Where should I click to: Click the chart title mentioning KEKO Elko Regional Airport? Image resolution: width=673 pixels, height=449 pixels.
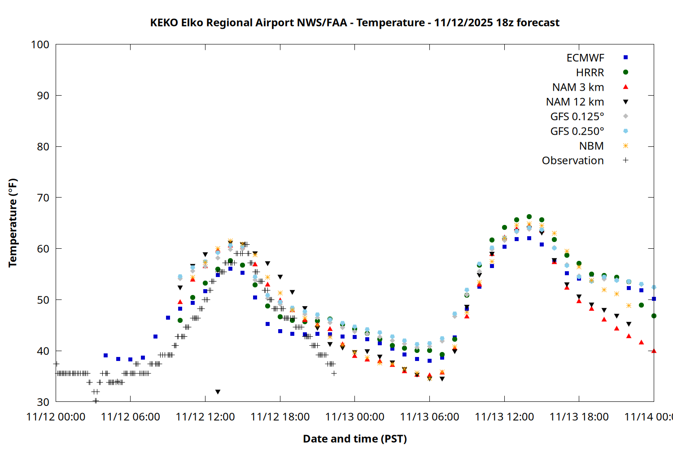(354, 22)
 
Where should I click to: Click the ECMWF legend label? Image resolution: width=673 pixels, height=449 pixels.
(585, 58)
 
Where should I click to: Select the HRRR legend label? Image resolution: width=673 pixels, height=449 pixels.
(590, 73)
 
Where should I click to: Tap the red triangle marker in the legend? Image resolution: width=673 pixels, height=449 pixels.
(625, 87)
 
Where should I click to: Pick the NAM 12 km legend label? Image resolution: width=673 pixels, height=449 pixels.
(575, 102)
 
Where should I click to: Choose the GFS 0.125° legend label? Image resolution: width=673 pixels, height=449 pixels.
(577, 117)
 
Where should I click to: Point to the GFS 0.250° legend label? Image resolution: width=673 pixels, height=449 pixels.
(577, 132)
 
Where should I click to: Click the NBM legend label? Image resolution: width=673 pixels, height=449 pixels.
(591, 146)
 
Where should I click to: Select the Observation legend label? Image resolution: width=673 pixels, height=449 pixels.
(572, 161)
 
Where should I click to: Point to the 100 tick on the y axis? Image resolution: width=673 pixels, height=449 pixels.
(40, 44)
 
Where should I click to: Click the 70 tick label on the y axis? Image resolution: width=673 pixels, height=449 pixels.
(43, 198)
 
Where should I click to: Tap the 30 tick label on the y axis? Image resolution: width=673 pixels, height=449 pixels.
(43, 402)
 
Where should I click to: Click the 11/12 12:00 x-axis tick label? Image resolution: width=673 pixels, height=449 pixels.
(205, 417)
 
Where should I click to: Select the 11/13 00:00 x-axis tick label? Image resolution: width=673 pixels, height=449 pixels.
(354, 417)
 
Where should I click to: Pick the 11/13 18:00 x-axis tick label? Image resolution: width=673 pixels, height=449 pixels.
(579, 417)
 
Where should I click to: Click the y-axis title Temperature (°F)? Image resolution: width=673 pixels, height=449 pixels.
(13, 223)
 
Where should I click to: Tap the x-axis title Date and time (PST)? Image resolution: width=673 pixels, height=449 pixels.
(354, 439)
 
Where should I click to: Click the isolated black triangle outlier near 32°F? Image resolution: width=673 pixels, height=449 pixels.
(218, 392)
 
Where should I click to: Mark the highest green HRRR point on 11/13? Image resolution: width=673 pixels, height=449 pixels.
(529, 217)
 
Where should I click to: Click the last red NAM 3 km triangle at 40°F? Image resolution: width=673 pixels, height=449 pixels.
(654, 351)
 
